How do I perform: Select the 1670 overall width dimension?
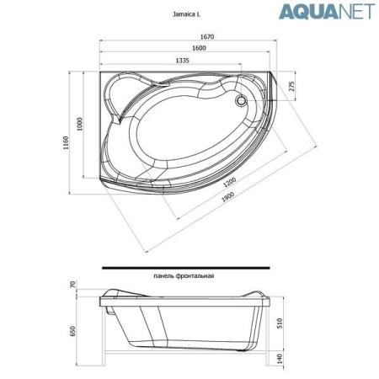click(x=186, y=36)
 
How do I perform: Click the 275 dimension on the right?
click(x=291, y=87)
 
